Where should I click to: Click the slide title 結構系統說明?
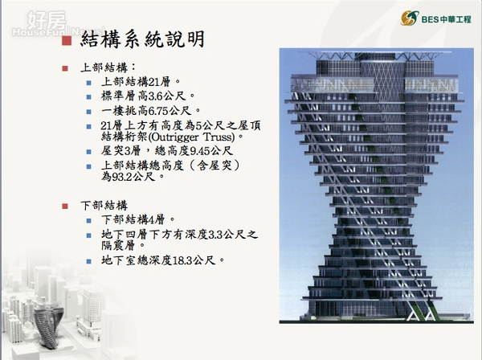click(x=143, y=39)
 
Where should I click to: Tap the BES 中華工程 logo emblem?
click(x=410, y=18)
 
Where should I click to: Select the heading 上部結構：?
click(x=108, y=67)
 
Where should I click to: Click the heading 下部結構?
click(x=104, y=206)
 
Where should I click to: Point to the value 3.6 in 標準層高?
click(x=156, y=96)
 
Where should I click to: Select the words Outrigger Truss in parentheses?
click(x=190, y=137)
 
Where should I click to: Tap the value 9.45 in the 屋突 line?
click(x=200, y=151)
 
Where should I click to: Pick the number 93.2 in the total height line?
click(x=122, y=177)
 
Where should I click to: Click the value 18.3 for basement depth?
click(x=182, y=260)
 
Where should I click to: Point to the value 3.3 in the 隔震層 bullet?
click(x=215, y=235)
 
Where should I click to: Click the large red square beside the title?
click(x=67, y=41)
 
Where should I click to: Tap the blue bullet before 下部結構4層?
click(x=89, y=220)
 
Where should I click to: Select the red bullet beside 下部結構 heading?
click(x=65, y=206)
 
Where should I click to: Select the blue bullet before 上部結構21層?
click(x=89, y=83)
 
